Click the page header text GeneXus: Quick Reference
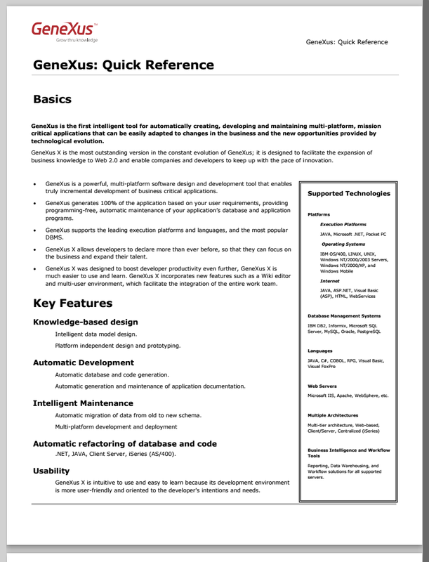coord(346,42)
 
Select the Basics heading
coord(60,99)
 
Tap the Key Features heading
coord(72,303)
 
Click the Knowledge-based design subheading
coord(85,322)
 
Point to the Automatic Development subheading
coord(83,362)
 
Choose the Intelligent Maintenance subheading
coord(82,403)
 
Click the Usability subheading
coord(51,471)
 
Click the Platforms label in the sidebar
coord(319,214)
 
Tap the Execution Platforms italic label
coord(343,224)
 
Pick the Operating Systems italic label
coord(343,244)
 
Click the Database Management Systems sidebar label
coord(344,316)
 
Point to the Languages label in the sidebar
coord(320,351)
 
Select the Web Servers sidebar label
coord(322,386)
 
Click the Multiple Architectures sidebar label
coord(334,415)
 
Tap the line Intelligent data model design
coord(95,334)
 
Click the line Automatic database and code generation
coord(112,375)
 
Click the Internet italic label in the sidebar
coord(330,280)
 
